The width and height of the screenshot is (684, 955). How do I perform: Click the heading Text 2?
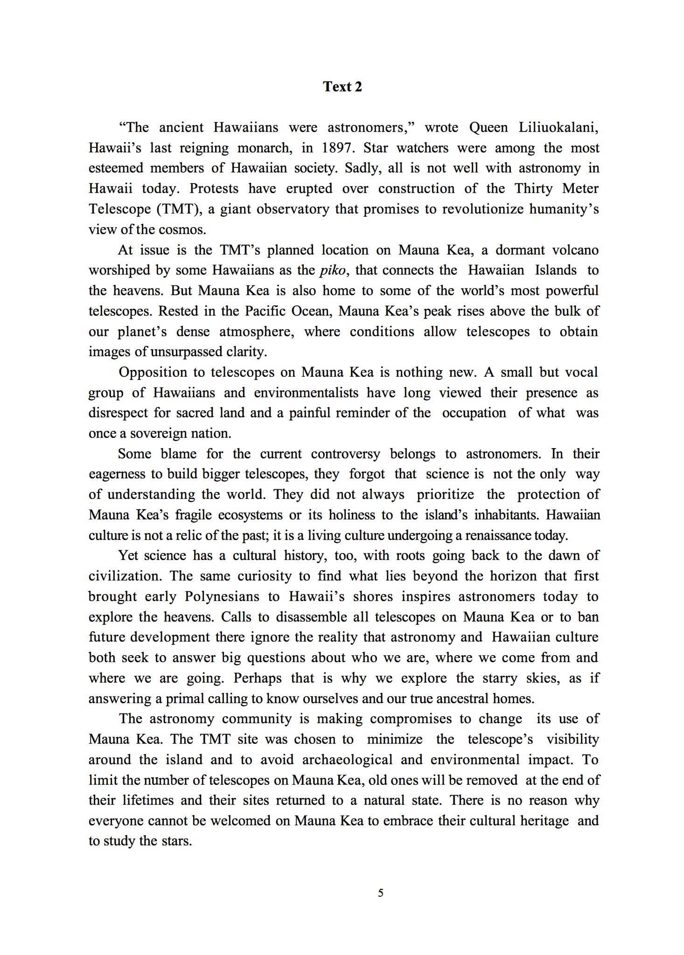(x=342, y=87)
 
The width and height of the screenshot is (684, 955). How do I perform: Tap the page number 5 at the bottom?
(x=381, y=893)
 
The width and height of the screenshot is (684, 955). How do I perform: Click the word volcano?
(x=575, y=250)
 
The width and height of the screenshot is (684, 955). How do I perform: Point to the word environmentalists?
(x=306, y=393)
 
